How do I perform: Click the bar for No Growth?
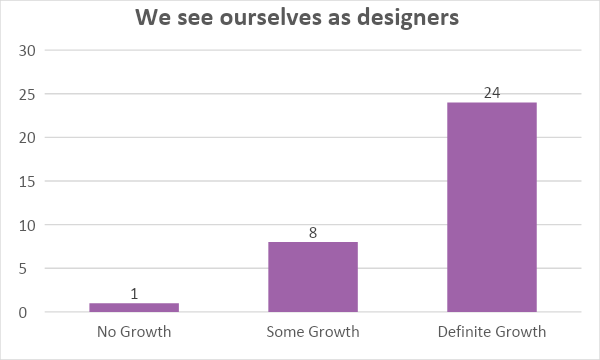coord(134,308)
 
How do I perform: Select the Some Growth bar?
coord(313,277)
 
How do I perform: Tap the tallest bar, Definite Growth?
coord(491,208)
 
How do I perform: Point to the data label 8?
coord(313,232)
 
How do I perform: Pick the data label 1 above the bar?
coord(134,293)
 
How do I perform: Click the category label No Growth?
coord(134,331)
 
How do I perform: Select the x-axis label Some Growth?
coord(313,331)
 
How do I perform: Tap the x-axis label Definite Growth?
coord(491,331)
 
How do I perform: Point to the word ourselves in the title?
coord(263,17)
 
